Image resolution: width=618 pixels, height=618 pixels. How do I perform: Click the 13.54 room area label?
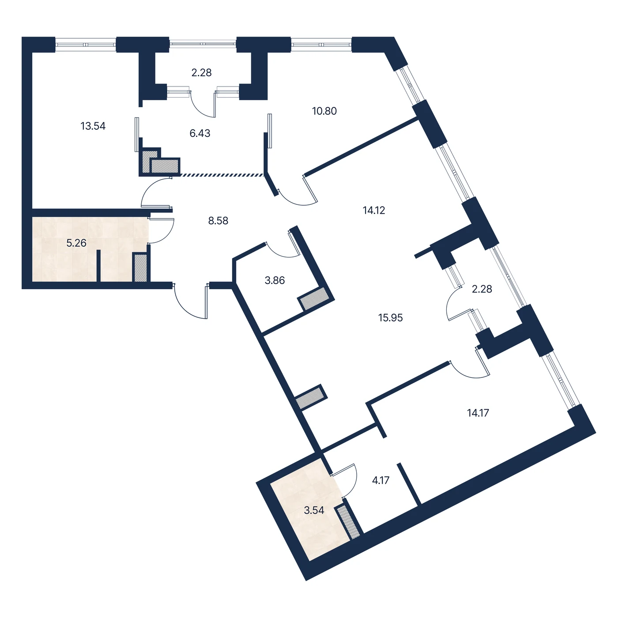click(x=93, y=126)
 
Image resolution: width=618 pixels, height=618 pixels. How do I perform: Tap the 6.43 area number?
click(x=200, y=133)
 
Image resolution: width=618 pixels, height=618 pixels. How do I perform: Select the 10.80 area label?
click(x=324, y=111)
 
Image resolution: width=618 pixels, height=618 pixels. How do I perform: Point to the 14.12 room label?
click(x=373, y=211)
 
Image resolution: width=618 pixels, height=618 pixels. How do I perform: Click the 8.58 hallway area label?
click(x=218, y=221)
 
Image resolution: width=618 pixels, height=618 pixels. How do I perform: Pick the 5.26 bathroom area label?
click(x=76, y=243)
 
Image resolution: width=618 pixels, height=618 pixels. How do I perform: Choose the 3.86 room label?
click(x=275, y=280)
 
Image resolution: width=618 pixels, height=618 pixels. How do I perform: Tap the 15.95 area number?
click(x=390, y=318)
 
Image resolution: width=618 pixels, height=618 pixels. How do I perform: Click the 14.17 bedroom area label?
click(x=478, y=413)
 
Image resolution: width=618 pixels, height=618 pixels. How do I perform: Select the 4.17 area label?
click(x=381, y=480)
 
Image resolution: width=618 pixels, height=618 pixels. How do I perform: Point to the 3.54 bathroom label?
click(x=314, y=510)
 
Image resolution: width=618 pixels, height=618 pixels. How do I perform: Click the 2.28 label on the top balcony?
click(x=201, y=73)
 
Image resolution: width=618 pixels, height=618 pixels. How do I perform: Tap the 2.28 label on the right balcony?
click(x=482, y=289)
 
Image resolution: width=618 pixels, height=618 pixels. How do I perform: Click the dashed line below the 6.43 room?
click(x=222, y=175)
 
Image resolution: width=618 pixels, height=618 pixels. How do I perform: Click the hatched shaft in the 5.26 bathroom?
click(x=140, y=268)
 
